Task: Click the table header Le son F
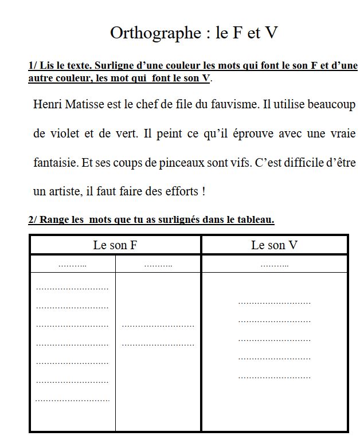tap(115, 245)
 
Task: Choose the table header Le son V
tap(275, 245)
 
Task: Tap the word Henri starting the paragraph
tap(47, 105)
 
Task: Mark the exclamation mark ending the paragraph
tap(204, 191)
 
